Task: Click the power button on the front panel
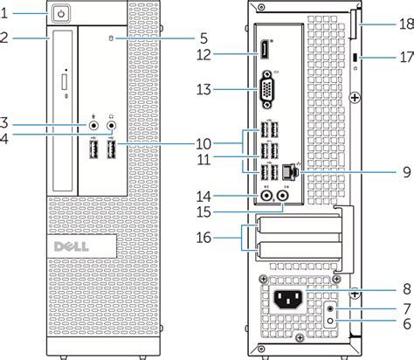pos(61,13)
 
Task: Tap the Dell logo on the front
pos(72,246)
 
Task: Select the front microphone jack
pos(93,126)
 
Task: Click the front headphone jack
pos(112,126)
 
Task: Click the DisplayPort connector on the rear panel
pos(265,50)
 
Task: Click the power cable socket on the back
pos(288,300)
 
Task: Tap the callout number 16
pos(204,238)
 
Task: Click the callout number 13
pos(204,89)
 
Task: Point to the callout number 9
pos(407,172)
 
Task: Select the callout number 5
pos(204,38)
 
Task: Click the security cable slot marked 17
pos(355,58)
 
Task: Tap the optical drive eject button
pos(65,82)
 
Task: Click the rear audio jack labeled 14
pos(266,196)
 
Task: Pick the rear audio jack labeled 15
pos(283,196)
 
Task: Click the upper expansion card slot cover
pos(299,225)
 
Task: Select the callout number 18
pos(407,24)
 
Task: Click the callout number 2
pos(4,38)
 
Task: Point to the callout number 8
pos(407,289)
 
